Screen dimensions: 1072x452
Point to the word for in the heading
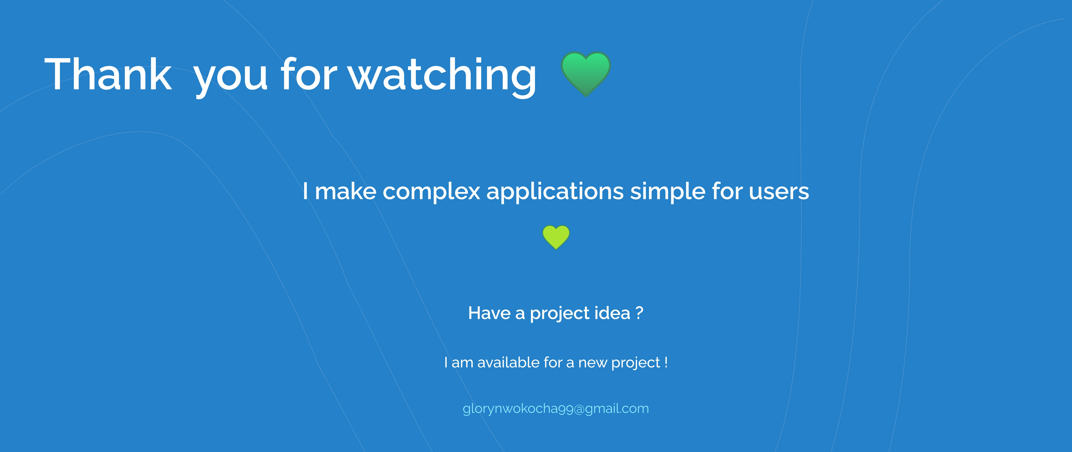coord(308,74)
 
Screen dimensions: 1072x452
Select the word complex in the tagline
coord(432,193)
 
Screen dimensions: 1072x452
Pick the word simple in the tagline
coord(668,193)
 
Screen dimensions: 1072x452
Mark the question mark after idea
coord(640,313)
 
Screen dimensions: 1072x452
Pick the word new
coord(593,364)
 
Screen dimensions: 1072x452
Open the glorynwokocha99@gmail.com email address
coord(556,409)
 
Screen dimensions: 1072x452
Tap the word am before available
coord(462,364)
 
